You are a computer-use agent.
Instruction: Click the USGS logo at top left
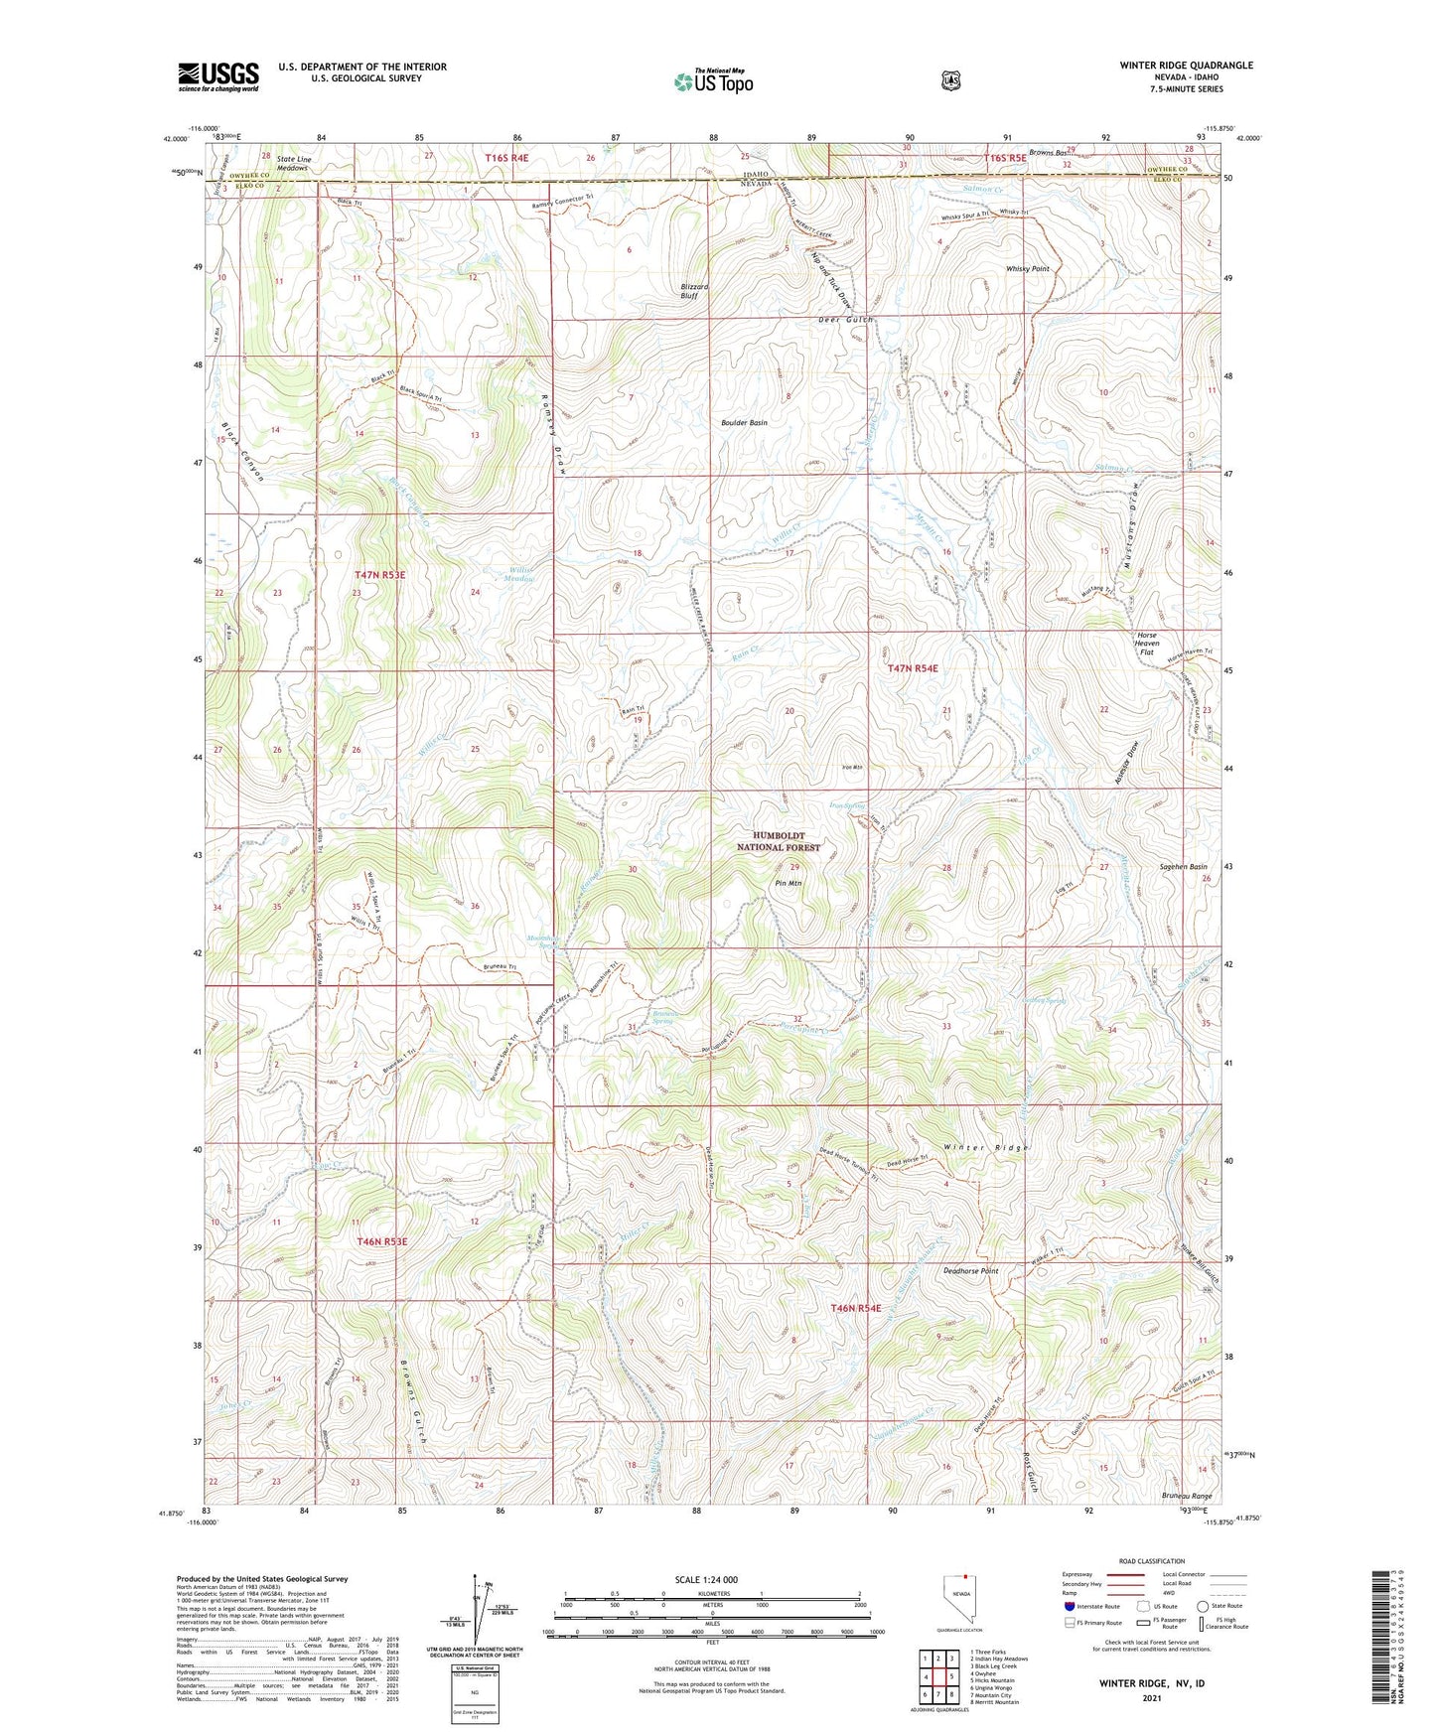tap(218, 76)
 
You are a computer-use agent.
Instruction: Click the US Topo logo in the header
tap(713, 80)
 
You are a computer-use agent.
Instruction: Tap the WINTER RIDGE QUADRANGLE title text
tap(1186, 66)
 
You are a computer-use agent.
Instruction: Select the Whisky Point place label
tap(1027, 269)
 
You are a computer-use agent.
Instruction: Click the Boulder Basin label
tap(744, 422)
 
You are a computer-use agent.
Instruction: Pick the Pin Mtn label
tap(788, 882)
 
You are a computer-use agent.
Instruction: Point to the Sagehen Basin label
tap(1183, 866)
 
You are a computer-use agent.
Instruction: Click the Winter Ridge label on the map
tap(985, 1147)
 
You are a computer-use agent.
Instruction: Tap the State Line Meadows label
tap(292, 163)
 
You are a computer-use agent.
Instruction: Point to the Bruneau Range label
tap(1187, 1496)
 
